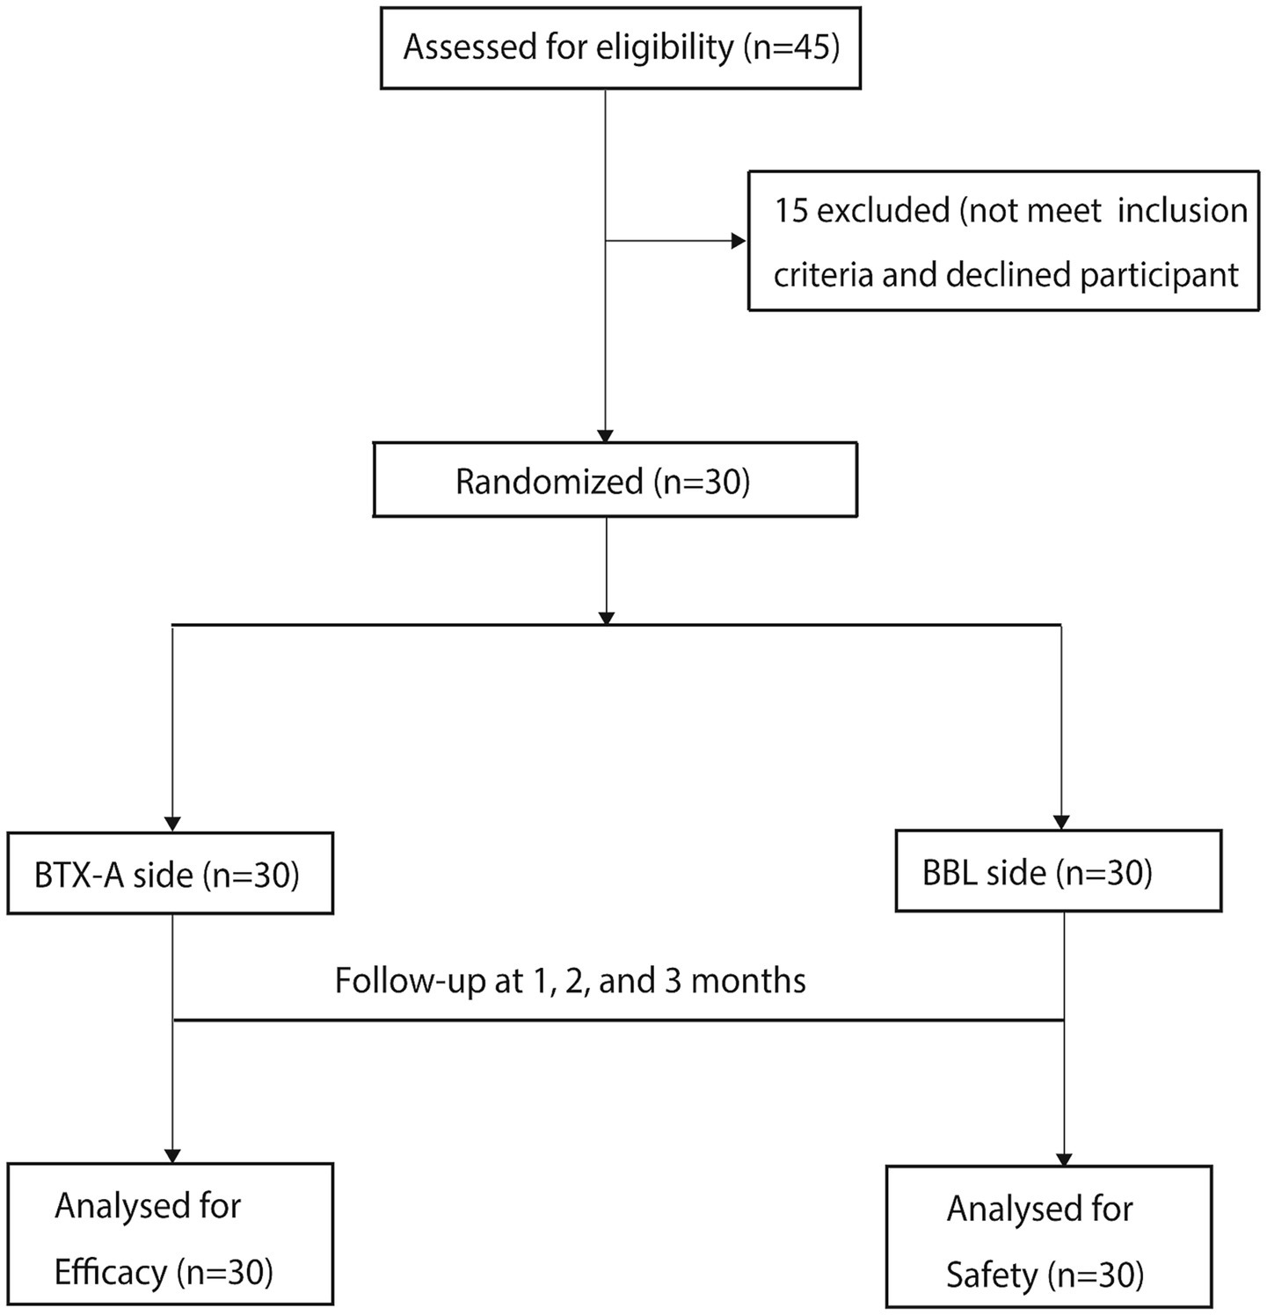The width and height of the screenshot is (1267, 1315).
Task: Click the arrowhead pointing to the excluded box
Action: point(739,241)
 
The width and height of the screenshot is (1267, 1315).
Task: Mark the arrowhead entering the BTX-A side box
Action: point(172,823)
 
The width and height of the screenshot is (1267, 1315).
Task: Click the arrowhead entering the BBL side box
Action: point(1061,822)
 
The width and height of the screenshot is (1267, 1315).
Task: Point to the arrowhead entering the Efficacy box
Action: point(172,1155)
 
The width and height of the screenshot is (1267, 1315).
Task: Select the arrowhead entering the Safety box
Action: point(1065,1158)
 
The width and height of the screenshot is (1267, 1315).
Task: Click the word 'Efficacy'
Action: point(111,1271)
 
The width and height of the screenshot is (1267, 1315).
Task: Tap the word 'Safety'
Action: point(992,1275)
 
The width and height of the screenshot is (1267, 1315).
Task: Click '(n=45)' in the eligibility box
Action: point(791,47)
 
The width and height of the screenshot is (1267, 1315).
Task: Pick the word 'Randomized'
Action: point(550,481)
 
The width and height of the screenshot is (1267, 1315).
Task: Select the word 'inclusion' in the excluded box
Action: point(1183,210)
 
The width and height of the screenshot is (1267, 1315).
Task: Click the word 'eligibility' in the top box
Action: point(665,47)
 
